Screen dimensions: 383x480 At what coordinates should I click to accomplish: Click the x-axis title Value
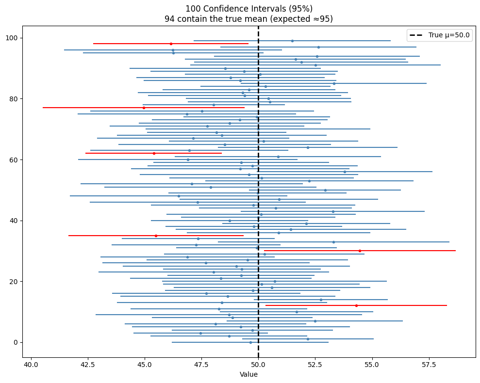tap(248, 374)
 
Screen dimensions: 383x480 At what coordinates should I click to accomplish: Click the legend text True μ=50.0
tap(450, 35)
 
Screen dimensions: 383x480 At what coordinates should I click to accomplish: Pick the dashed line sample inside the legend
tap(416, 35)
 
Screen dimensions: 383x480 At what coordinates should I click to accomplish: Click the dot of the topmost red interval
tap(171, 44)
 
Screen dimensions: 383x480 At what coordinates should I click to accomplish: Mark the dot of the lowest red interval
tap(356, 305)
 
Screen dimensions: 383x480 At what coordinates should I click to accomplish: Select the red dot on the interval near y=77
tap(144, 108)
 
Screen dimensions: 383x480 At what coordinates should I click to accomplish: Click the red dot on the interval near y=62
tap(154, 153)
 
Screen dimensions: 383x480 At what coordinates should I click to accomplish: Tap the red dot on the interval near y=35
tap(156, 236)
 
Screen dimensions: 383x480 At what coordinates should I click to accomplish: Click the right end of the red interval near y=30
tap(456, 251)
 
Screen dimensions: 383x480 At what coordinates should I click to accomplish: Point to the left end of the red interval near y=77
tap(43, 108)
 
